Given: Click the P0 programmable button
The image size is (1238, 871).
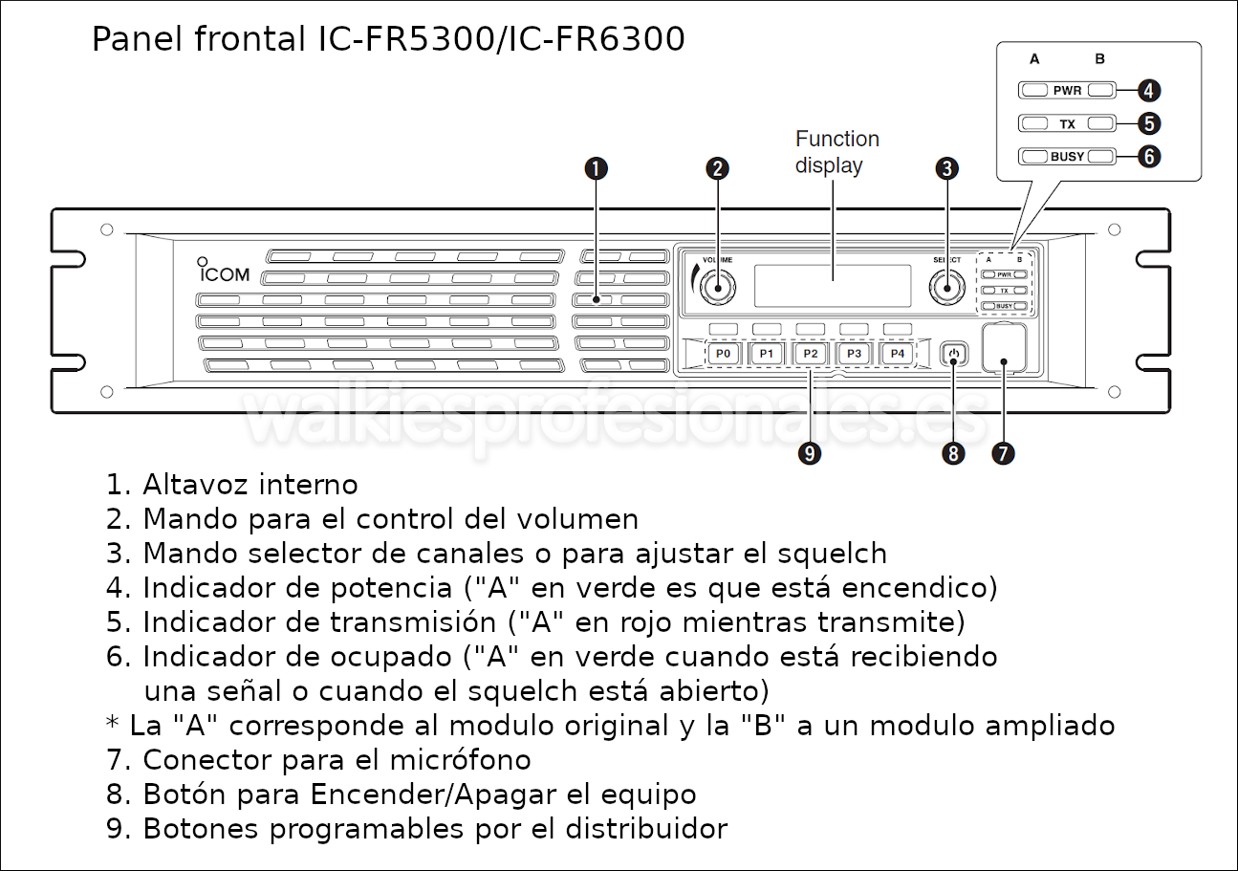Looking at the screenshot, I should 724,354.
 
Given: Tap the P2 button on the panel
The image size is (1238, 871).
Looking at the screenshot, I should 811,354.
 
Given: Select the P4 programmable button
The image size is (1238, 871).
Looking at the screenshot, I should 897,354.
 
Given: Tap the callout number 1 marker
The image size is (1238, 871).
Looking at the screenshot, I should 596,169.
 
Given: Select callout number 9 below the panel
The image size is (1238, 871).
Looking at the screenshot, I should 810,454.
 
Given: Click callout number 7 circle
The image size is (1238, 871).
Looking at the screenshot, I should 1003,453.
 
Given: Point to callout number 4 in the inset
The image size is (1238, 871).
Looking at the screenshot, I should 1149,91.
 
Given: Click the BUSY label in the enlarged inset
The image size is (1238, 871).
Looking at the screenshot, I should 1067,157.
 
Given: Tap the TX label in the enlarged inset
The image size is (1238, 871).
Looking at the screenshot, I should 1067,124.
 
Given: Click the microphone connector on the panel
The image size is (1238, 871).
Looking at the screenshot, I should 1004,348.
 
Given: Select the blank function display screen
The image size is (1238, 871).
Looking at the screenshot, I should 832,286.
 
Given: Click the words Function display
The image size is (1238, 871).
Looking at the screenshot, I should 836,152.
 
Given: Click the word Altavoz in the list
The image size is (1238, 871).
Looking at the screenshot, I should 197,485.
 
